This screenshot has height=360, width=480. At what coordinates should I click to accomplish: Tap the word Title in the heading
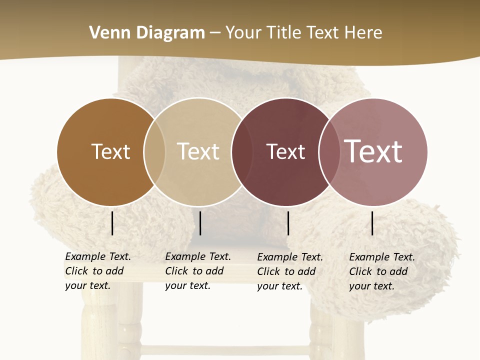tap(283, 33)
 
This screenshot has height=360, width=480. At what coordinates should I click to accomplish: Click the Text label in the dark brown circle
tap(110, 151)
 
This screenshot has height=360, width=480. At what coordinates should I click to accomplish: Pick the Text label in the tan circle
tap(198, 151)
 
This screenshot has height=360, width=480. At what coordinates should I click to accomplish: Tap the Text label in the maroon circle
tap(285, 151)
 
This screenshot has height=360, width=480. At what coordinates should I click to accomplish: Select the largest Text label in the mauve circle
tap(373, 151)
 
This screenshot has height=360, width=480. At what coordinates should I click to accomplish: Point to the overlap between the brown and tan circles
tap(154, 152)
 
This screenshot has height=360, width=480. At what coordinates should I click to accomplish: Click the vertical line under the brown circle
tap(112, 223)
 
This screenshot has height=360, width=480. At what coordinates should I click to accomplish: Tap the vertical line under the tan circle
tap(200, 223)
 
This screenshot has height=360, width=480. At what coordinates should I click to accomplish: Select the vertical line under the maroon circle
tap(288, 223)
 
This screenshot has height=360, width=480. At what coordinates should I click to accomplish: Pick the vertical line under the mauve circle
tap(372, 223)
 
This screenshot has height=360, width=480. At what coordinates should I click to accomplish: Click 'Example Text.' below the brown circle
tap(98, 256)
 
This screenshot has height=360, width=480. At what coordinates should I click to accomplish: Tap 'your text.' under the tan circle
tap(187, 285)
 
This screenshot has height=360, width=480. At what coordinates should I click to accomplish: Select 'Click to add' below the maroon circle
tap(286, 271)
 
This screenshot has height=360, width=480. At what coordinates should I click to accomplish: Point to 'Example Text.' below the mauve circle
tap(382, 257)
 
